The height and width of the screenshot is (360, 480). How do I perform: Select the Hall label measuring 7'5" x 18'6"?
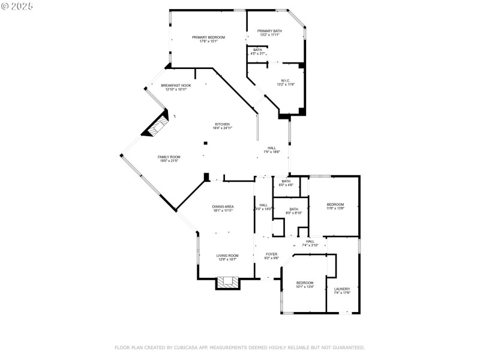pos(272,149)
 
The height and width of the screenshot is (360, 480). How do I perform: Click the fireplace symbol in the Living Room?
pos(227,282)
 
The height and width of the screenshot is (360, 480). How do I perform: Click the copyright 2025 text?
pos(17,5)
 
